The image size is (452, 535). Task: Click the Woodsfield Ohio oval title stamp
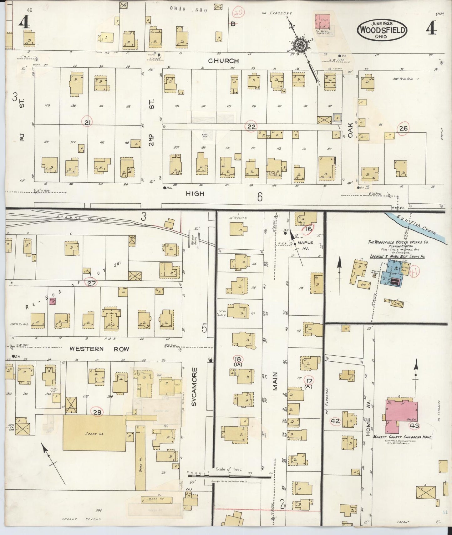pos(383,30)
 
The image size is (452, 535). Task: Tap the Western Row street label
pos(99,349)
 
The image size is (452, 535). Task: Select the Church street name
pos(223,61)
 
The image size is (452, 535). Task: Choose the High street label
pos(195,194)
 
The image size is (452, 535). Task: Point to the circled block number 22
pos(251,126)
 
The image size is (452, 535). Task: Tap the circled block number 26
pos(403,128)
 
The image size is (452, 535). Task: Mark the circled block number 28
pos(97,412)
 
